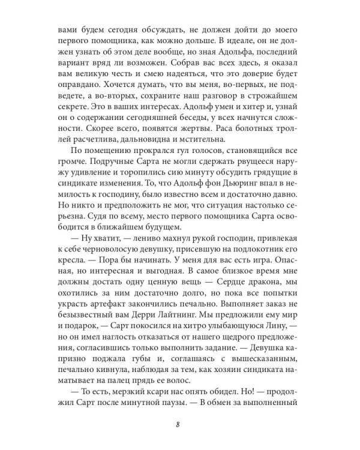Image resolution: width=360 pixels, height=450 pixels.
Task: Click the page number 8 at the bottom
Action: point(179,426)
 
